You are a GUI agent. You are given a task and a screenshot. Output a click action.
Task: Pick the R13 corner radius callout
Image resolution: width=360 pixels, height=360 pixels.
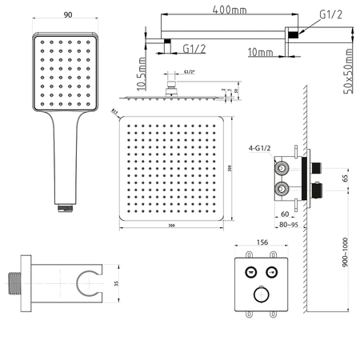click(114, 112)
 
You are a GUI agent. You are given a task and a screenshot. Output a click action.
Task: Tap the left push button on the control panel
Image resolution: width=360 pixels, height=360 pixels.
click(249, 270)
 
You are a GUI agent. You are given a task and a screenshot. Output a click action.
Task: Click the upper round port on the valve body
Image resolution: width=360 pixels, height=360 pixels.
click(282, 169)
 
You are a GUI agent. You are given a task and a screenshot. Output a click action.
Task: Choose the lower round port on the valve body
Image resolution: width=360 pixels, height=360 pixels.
click(282, 189)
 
